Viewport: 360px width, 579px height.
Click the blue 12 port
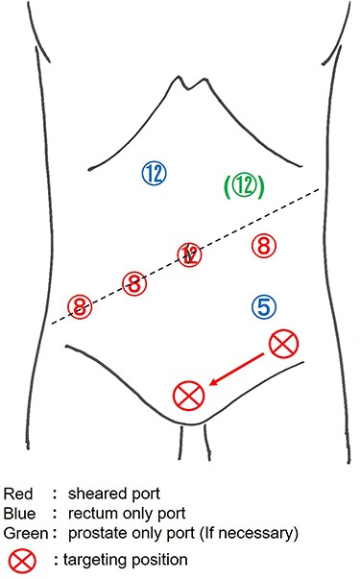pos(154,173)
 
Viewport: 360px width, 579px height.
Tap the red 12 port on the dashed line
pos(190,255)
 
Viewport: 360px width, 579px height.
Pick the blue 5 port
pos(266,306)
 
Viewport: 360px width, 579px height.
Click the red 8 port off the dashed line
pos(263,246)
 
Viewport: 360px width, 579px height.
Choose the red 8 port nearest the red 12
pos(134,283)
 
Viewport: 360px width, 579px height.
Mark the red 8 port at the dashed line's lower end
pos(80,307)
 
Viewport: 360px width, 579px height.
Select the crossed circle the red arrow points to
pos(189,394)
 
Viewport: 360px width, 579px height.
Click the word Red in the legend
pos(19,494)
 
